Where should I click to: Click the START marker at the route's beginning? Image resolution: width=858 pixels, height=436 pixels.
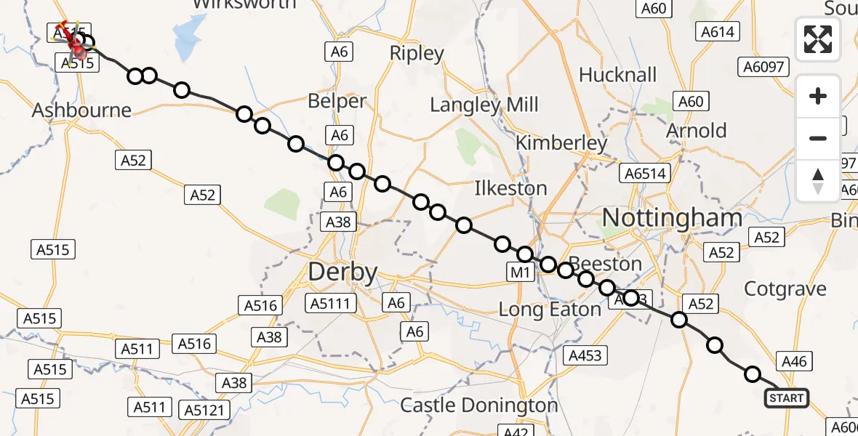[787, 397]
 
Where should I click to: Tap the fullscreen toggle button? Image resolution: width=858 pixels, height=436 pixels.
[818, 39]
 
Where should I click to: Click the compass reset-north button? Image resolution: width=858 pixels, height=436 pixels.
[818, 180]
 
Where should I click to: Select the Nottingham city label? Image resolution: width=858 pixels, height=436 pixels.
[673, 217]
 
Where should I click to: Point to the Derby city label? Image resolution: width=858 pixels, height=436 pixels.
[343, 272]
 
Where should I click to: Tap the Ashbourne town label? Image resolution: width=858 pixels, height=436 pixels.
[81, 110]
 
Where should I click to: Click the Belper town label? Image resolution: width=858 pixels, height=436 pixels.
[337, 101]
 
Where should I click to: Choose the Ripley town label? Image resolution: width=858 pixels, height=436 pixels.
[417, 53]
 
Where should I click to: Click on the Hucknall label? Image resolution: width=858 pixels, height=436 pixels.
[617, 75]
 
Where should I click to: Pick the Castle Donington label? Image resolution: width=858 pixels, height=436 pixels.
[479, 405]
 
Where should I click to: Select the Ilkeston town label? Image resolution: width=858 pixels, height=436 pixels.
[510, 188]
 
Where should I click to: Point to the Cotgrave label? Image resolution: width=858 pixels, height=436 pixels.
[785, 288]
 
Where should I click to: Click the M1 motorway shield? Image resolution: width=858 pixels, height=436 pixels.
[521, 272]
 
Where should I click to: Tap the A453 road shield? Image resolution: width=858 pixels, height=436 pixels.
[585, 355]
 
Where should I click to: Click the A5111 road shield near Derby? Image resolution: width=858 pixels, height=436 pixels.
[332, 304]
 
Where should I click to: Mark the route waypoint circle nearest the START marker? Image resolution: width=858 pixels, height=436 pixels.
[753, 374]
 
